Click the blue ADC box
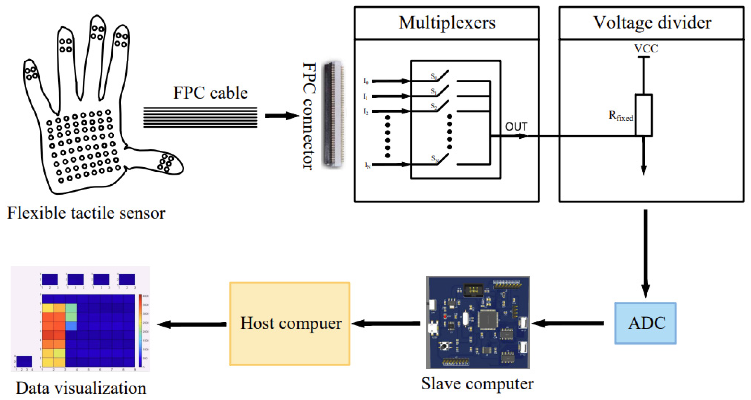click(x=645, y=323)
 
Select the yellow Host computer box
click(x=290, y=324)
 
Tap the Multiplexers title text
click(x=447, y=23)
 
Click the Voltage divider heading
click(x=652, y=23)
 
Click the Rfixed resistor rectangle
click(x=643, y=115)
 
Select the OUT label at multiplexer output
click(x=516, y=127)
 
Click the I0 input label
click(x=366, y=81)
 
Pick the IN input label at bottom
click(x=368, y=165)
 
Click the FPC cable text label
click(x=210, y=93)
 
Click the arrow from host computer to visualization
click(x=192, y=324)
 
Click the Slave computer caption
click(x=477, y=384)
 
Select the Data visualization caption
click(x=81, y=388)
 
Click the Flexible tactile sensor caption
click(x=86, y=213)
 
